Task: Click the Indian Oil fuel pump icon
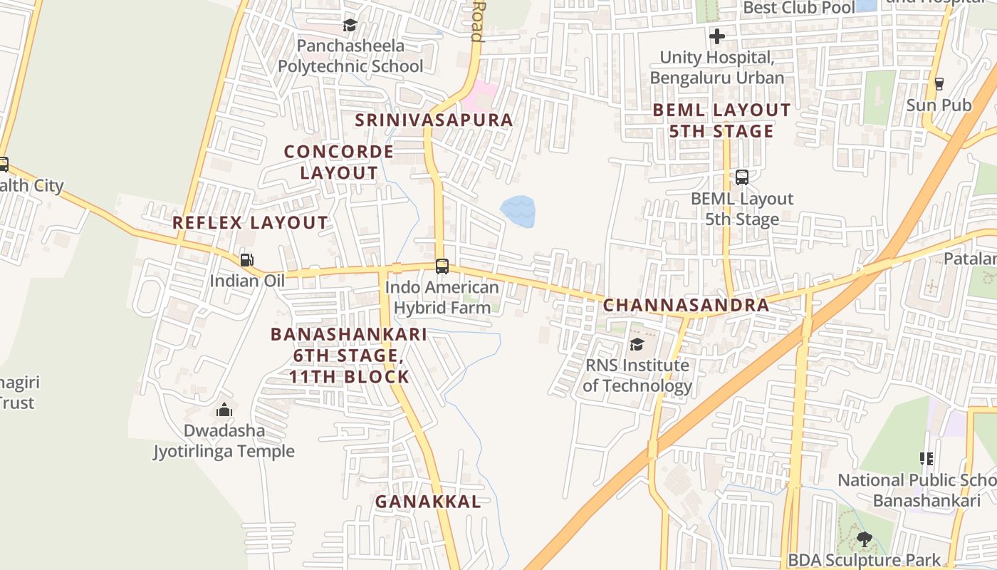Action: pos(246,260)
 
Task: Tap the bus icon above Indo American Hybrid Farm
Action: pos(442,266)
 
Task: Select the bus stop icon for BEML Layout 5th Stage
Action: pos(741,177)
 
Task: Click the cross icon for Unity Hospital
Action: pos(717,36)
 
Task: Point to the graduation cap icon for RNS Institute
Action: pos(637,345)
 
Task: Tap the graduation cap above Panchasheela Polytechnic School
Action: pos(350,26)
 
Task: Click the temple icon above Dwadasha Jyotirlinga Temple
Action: pos(224,410)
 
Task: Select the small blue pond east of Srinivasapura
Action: pos(518,212)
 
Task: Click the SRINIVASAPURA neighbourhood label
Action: pos(434,120)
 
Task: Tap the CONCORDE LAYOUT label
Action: pos(338,162)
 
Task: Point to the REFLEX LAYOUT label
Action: pos(250,222)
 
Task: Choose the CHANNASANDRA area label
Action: pos(686,305)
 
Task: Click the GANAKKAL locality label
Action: pos(428,502)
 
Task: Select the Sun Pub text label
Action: pos(939,105)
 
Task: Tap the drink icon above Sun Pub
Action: pos(939,84)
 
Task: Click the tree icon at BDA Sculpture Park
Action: pos(864,539)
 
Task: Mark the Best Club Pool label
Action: pos(798,8)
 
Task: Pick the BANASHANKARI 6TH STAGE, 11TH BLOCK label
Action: pos(349,355)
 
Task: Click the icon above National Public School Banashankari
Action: pos(926,459)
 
